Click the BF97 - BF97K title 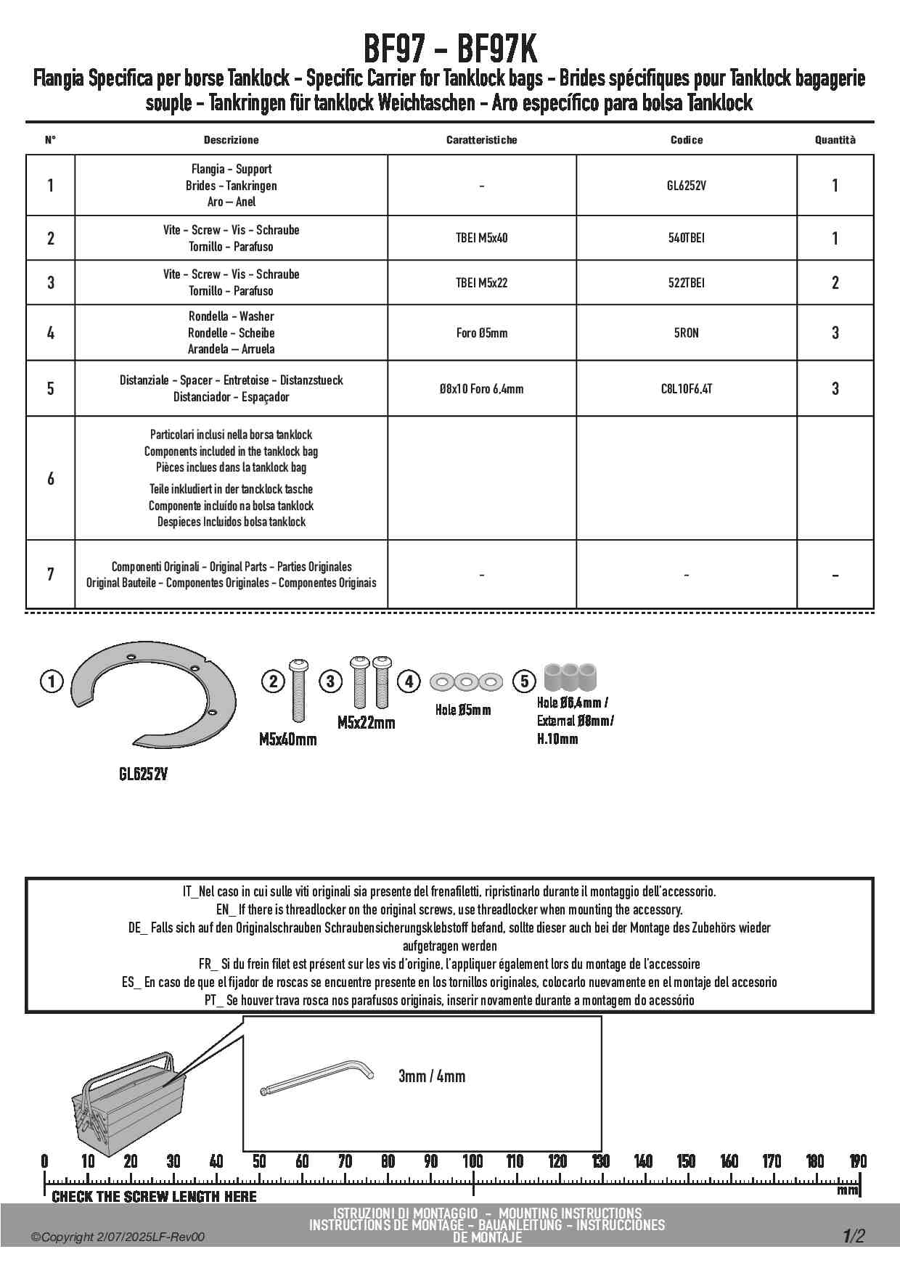coord(449,51)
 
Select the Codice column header coord(686,140)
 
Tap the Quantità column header coord(835,140)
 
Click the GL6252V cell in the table coord(686,186)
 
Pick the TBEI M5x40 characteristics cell coord(481,238)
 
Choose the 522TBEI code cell coord(686,282)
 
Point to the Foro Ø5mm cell coord(481,333)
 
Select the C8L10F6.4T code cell coord(686,389)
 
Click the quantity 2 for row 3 coord(835,282)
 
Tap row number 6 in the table coord(50,478)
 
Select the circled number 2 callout coord(273,681)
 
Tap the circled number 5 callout coord(524,681)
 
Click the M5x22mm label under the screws coord(366,723)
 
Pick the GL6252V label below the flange coord(143,774)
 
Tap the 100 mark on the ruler coord(472,1161)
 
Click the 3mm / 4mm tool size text coord(432,1076)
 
